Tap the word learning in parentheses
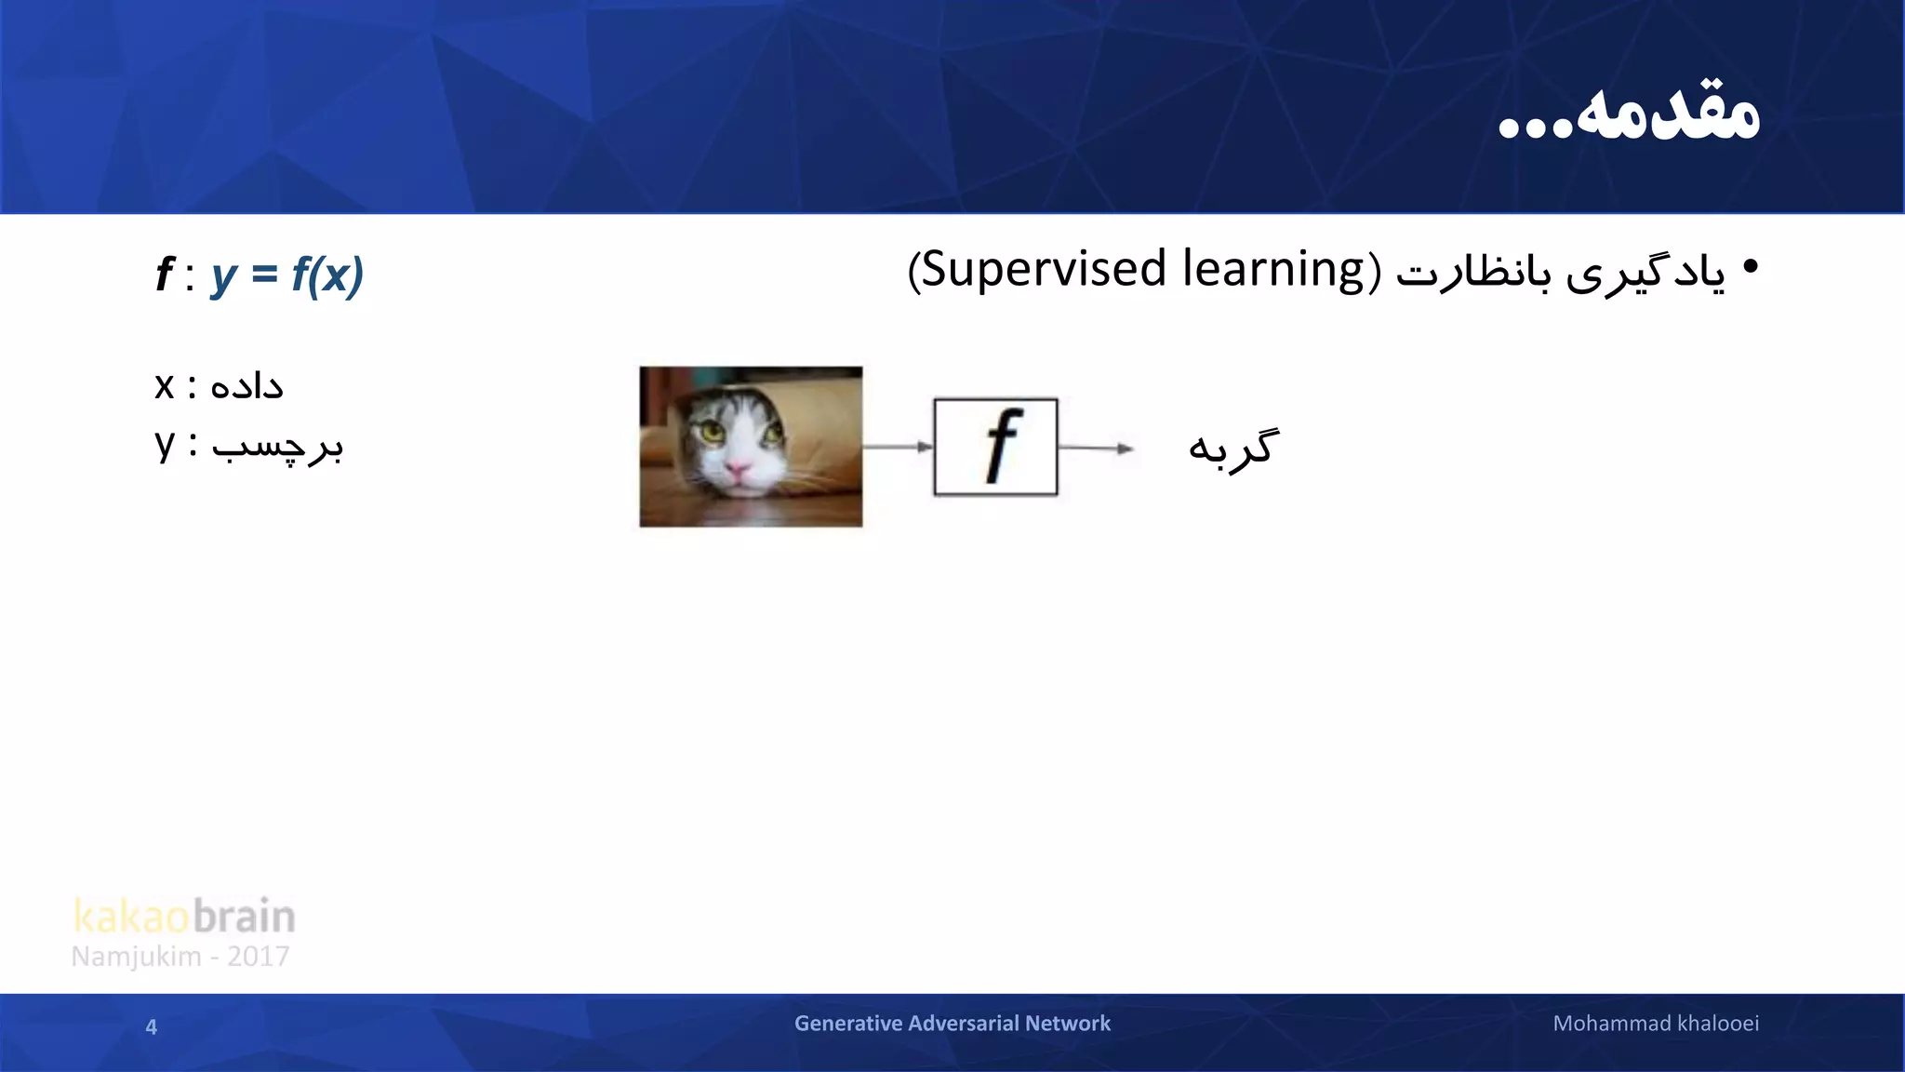point(1272,270)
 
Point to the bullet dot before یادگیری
point(1751,268)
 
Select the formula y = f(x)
point(287,275)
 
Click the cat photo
point(751,447)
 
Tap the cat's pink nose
point(737,472)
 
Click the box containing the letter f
point(995,447)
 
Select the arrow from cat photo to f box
point(898,447)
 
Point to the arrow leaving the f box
point(1096,449)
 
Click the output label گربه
point(1233,449)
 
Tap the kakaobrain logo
point(184,917)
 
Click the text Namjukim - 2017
point(180,957)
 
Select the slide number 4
point(152,1027)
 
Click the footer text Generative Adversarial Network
point(952,1024)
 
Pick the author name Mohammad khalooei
point(1656,1024)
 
